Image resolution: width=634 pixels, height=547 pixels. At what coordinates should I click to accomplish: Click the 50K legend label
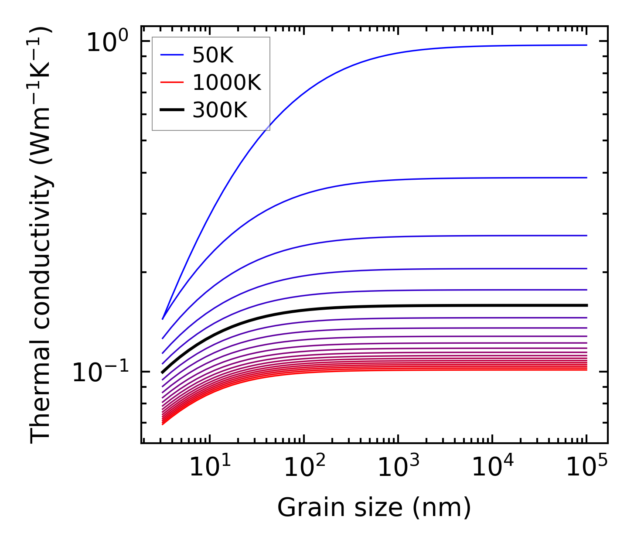coord(213,55)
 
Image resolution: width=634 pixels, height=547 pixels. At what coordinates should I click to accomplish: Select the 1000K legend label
coord(227,83)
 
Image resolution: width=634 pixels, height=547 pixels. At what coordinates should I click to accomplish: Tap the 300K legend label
coord(220,110)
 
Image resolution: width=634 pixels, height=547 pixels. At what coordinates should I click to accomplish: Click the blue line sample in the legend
coord(172,55)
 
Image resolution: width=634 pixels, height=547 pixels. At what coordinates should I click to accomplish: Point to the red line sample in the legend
coord(172,83)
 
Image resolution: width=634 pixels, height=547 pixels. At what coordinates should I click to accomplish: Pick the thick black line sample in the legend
coord(172,110)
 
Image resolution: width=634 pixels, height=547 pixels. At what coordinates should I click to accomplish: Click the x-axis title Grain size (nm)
coord(374,508)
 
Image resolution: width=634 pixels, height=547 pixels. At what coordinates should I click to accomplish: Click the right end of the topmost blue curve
coord(586,45)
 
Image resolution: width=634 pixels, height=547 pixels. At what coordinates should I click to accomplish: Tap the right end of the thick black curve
coord(586,305)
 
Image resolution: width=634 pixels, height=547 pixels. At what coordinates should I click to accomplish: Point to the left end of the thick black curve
coord(163,373)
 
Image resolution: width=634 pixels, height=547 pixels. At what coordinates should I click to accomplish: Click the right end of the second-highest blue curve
coord(586,178)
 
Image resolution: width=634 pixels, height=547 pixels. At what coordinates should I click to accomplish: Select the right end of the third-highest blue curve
coord(586,236)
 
